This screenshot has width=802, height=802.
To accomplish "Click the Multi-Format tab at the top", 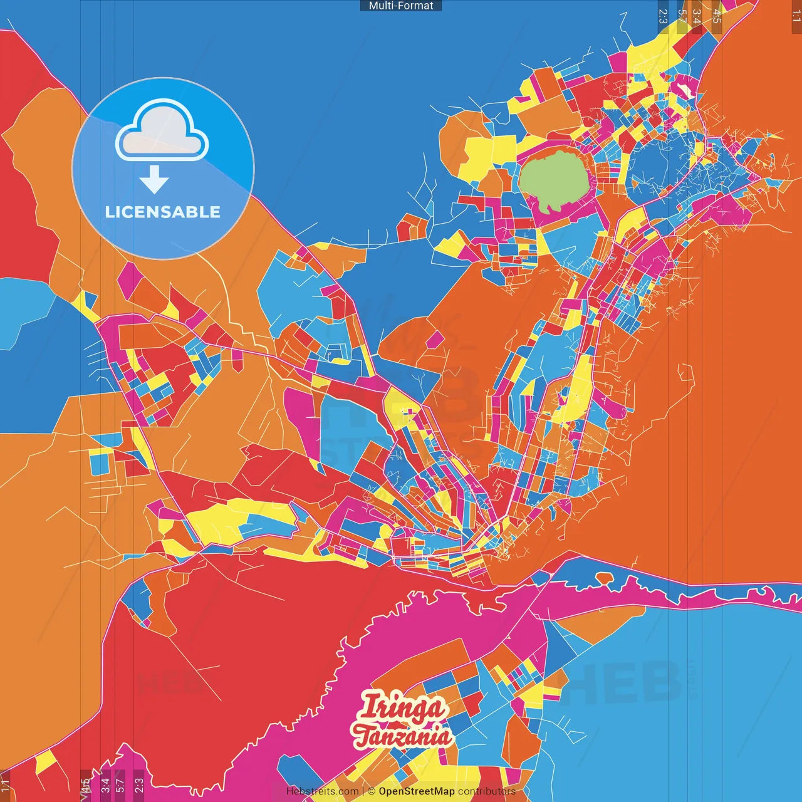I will click(x=401, y=6).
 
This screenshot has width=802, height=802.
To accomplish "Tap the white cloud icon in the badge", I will click(x=162, y=132).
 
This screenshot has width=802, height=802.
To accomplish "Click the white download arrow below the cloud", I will click(x=154, y=180).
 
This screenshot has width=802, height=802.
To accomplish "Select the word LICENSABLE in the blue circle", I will click(x=163, y=212).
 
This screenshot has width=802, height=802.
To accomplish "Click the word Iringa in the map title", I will click(x=403, y=708).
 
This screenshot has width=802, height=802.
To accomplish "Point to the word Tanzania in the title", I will click(x=402, y=736).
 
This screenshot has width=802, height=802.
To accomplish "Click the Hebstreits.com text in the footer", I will click(x=322, y=791).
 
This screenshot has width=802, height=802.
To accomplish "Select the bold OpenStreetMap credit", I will click(x=417, y=791).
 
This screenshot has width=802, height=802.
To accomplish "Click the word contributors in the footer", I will click(x=487, y=791).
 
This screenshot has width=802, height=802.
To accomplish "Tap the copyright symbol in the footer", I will click(x=372, y=791).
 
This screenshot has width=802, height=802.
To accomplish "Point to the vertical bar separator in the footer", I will click(x=363, y=791).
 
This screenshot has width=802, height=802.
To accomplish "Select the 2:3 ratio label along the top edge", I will click(x=663, y=16).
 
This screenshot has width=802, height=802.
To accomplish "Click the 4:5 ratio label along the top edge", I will click(x=717, y=16).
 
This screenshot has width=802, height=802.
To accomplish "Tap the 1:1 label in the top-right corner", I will click(x=796, y=16).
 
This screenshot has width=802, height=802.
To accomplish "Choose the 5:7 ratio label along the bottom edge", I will click(x=120, y=785).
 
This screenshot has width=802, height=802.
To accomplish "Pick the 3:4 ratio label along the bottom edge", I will click(x=105, y=785).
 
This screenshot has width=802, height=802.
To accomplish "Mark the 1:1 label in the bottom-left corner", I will click(x=6, y=785).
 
